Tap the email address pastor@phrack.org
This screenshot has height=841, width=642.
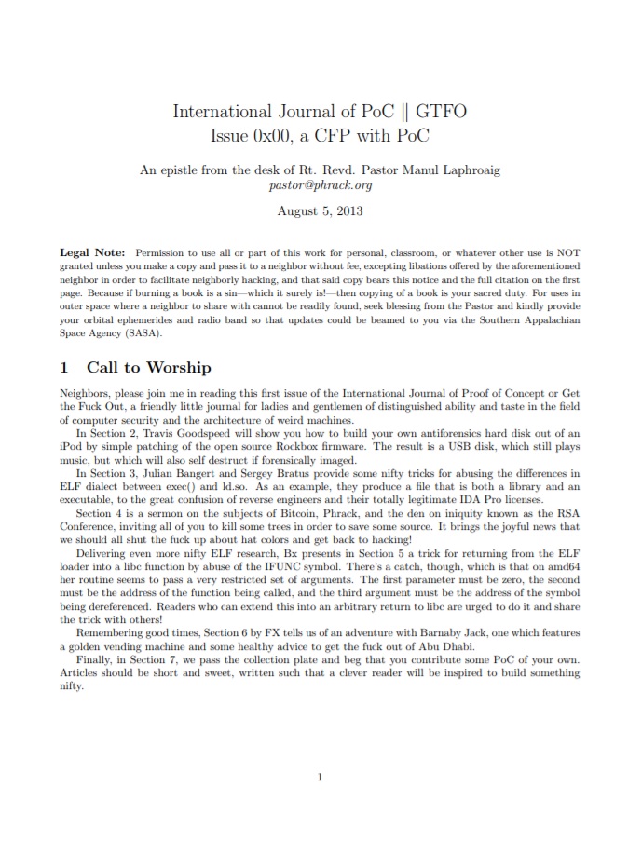(x=320, y=185)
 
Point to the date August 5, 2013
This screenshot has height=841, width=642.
(x=320, y=210)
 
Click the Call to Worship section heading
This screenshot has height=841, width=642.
(x=148, y=368)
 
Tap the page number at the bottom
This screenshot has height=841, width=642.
(x=320, y=777)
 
